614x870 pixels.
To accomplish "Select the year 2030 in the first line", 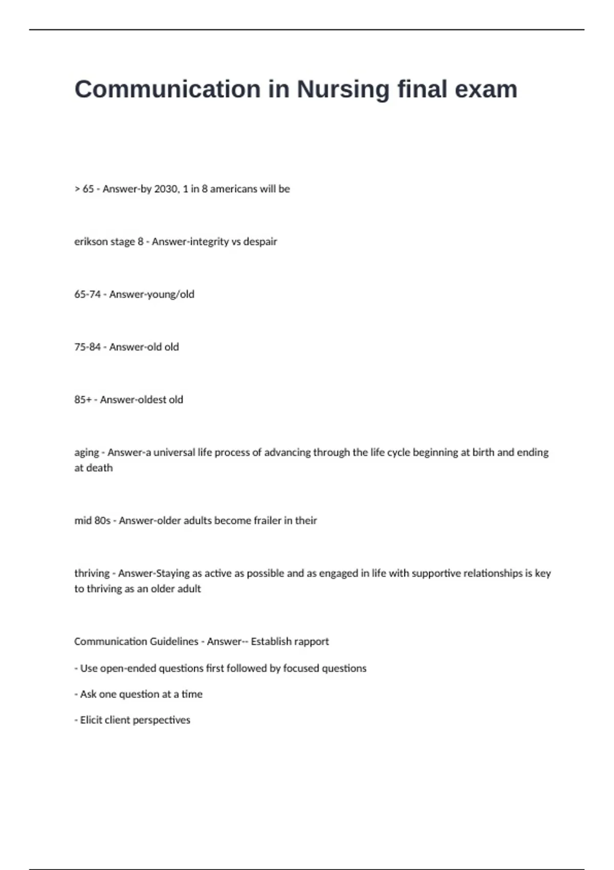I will tap(167, 189).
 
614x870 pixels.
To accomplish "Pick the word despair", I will tap(260, 242).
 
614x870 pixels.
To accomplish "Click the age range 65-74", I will tap(87, 294).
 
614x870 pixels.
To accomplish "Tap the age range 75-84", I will tap(87, 347).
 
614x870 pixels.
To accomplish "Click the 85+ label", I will tap(82, 400).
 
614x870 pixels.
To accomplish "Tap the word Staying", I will tap(172, 573).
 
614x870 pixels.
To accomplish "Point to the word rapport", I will tap(312, 641).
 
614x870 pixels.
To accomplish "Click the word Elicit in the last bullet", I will tap(91, 720).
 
